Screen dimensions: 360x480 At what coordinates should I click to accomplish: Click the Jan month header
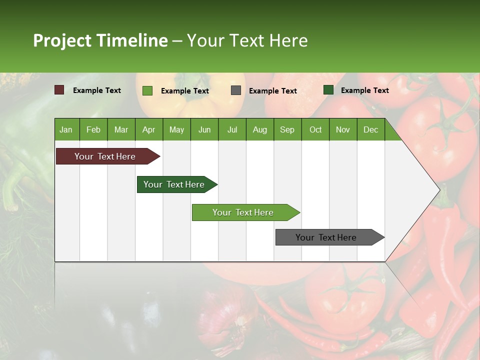tap(66, 129)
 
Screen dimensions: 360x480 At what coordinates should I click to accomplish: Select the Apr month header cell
tap(148, 129)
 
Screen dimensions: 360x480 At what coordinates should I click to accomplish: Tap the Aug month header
tap(259, 129)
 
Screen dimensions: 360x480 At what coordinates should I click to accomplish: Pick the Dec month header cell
tap(370, 129)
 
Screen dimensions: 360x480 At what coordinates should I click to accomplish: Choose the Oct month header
tap(315, 129)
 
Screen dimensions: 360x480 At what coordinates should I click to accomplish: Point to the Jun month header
tap(204, 129)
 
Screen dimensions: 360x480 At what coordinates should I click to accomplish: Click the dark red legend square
tap(59, 90)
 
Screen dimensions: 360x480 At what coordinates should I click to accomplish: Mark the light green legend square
tap(147, 90)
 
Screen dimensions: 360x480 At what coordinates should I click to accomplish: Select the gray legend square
tap(235, 90)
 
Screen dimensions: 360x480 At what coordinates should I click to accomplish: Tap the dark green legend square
tap(328, 90)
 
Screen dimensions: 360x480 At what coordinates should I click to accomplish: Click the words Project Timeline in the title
tap(100, 40)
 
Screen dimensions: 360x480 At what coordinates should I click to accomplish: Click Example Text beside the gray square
tap(272, 91)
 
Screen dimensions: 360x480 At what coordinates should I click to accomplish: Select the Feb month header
tap(93, 129)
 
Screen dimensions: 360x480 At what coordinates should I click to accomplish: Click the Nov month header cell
tap(342, 129)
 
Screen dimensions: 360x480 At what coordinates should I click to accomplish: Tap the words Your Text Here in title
tap(247, 40)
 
